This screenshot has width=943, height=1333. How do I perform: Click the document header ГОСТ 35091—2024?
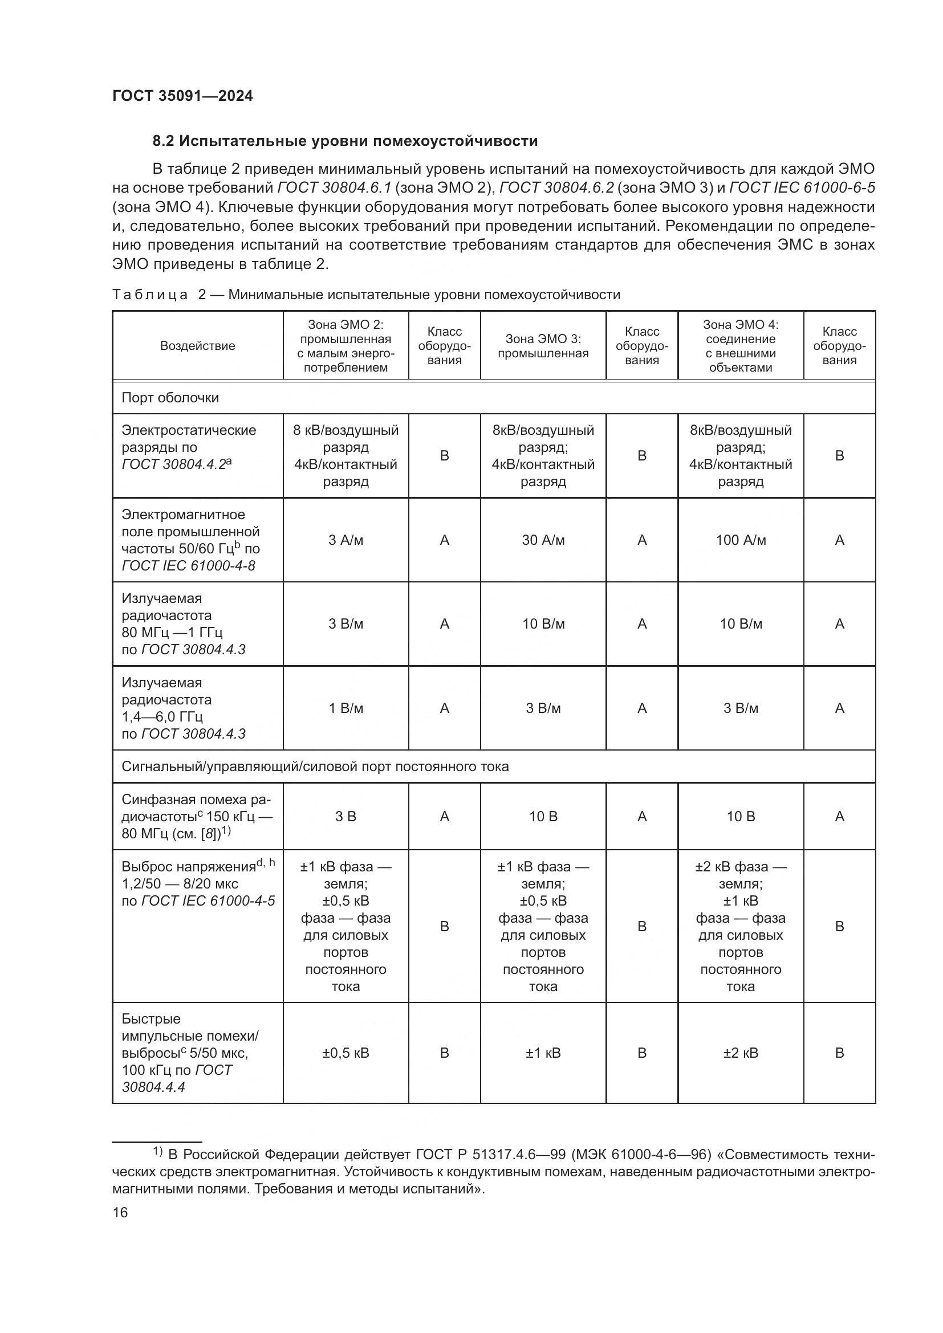coord(182,96)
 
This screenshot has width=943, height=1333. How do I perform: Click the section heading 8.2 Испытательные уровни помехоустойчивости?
coord(345,141)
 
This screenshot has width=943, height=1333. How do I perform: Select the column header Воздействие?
coord(197,346)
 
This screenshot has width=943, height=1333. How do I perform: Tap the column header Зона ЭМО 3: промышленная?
coord(543,346)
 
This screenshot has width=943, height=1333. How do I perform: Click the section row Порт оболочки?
coord(170,398)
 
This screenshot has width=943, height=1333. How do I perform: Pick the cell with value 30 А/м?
coord(543,540)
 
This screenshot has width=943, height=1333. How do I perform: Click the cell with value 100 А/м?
coord(741,540)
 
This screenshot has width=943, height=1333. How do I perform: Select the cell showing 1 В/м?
coord(346,708)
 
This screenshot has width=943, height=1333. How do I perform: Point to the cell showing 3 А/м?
coord(346,540)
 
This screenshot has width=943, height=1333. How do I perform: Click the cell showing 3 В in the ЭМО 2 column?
coord(346,816)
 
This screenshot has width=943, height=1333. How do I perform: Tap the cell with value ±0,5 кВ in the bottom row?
coord(346,1053)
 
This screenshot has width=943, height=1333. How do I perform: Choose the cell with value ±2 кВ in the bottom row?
coord(741,1053)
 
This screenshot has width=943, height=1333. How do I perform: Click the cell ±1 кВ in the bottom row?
coord(543,1053)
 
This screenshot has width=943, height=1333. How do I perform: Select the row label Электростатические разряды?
coord(188,439)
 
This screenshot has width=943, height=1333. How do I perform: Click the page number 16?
coord(120,1213)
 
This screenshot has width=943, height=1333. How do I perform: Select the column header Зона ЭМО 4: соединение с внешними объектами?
coord(741,346)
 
